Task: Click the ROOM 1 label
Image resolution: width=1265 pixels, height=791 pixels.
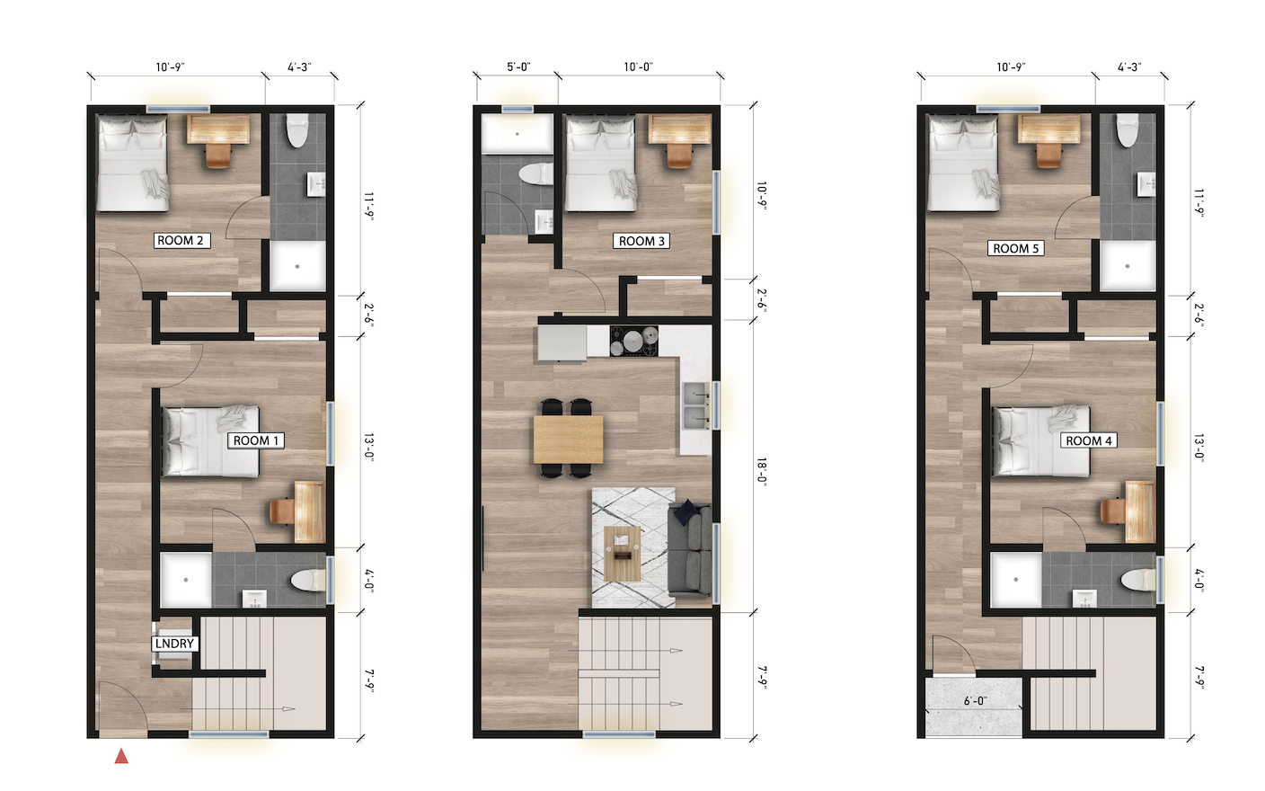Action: click(x=256, y=440)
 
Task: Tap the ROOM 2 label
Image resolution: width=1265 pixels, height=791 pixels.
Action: click(x=181, y=240)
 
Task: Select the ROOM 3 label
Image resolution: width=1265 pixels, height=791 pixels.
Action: click(x=641, y=241)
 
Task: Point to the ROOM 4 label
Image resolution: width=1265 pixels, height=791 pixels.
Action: click(x=1088, y=440)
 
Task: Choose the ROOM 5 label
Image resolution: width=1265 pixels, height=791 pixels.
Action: click(x=1016, y=248)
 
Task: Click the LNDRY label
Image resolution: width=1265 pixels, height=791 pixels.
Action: click(x=174, y=644)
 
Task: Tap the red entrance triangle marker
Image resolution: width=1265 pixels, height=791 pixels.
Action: click(x=121, y=757)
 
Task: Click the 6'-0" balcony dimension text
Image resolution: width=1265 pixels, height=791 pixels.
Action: click(x=975, y=700)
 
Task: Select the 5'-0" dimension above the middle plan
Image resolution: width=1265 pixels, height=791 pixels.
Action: click(x=518, y=67)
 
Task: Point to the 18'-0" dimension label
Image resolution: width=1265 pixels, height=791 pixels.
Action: click(x=762, y=471)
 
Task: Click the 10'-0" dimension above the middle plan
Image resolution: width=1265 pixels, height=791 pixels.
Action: click(x=638, y=67)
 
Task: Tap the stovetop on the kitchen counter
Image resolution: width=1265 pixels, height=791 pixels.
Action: click(x=634, y=342)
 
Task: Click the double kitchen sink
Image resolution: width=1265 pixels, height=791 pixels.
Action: click(x=694, y=405)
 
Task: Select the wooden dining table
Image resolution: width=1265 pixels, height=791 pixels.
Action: click(x=568, y=439)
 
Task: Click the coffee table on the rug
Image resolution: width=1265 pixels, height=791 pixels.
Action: click(x=622, y=553)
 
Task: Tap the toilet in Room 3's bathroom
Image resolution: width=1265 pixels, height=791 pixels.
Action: click(x=537, y=173)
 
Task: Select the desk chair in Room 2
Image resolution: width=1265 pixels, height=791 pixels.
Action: click(x=218, y=156)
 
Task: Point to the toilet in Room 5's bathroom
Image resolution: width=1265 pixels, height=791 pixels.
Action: click(x=1128, y=131)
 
